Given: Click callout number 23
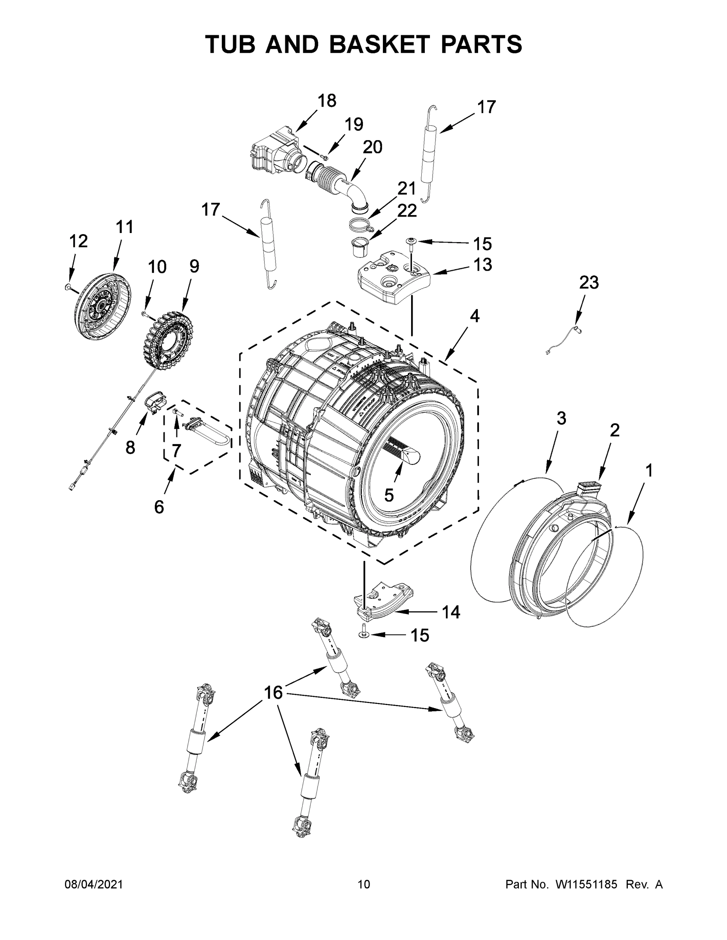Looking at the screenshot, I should click(588, 283).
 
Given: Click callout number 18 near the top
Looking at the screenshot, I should click(326, 101).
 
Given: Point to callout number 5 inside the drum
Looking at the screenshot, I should click(388, 495).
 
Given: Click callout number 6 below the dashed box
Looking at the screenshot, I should click(159, 507).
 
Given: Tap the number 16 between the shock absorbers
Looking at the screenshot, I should click(273, 692).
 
